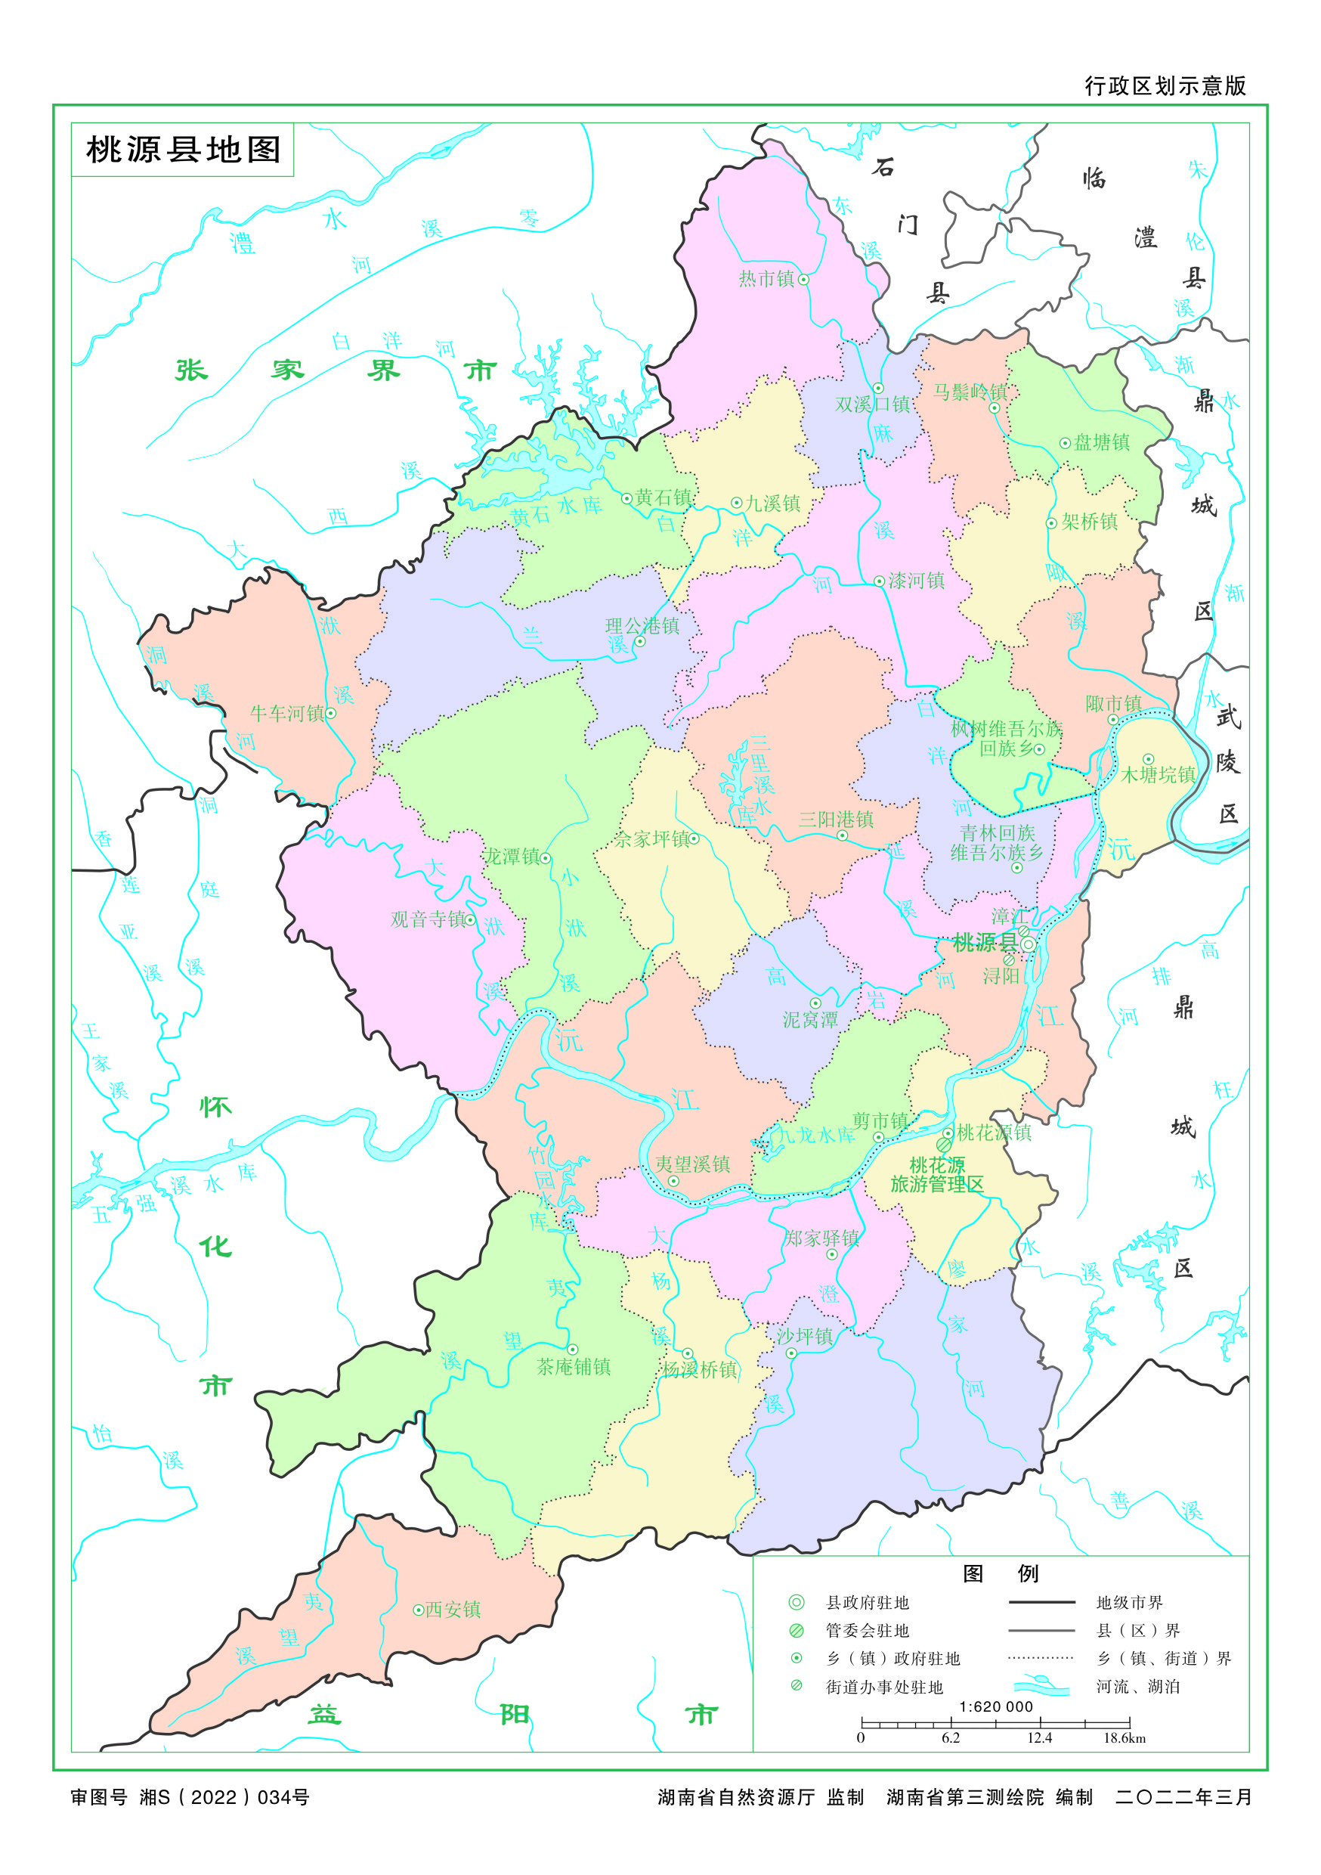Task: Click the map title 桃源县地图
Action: [x=183, y=150]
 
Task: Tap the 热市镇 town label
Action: [x=766, y=279]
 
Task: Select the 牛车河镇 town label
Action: [x=286, y=714]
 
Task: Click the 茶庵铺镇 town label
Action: [x=573, y=1367]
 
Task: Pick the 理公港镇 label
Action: [x=642, y=625]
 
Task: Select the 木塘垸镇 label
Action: [x=1158, y=775]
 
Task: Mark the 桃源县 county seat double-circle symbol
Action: [x=1029, y=944]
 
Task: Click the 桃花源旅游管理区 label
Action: [x=936, y=1174]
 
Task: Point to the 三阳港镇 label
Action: [x=836, y=819]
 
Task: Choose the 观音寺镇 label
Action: [x=427, y=919]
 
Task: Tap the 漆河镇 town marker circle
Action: [x=878, y=581]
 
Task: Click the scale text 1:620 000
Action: [x=995, y=1706]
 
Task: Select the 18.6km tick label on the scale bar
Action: [x=1125, y=1739]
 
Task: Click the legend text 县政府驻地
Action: [x=867, y=1603]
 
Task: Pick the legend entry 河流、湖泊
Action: [x=1137, y=1686]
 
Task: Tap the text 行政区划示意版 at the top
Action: [x=1165, y=86]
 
